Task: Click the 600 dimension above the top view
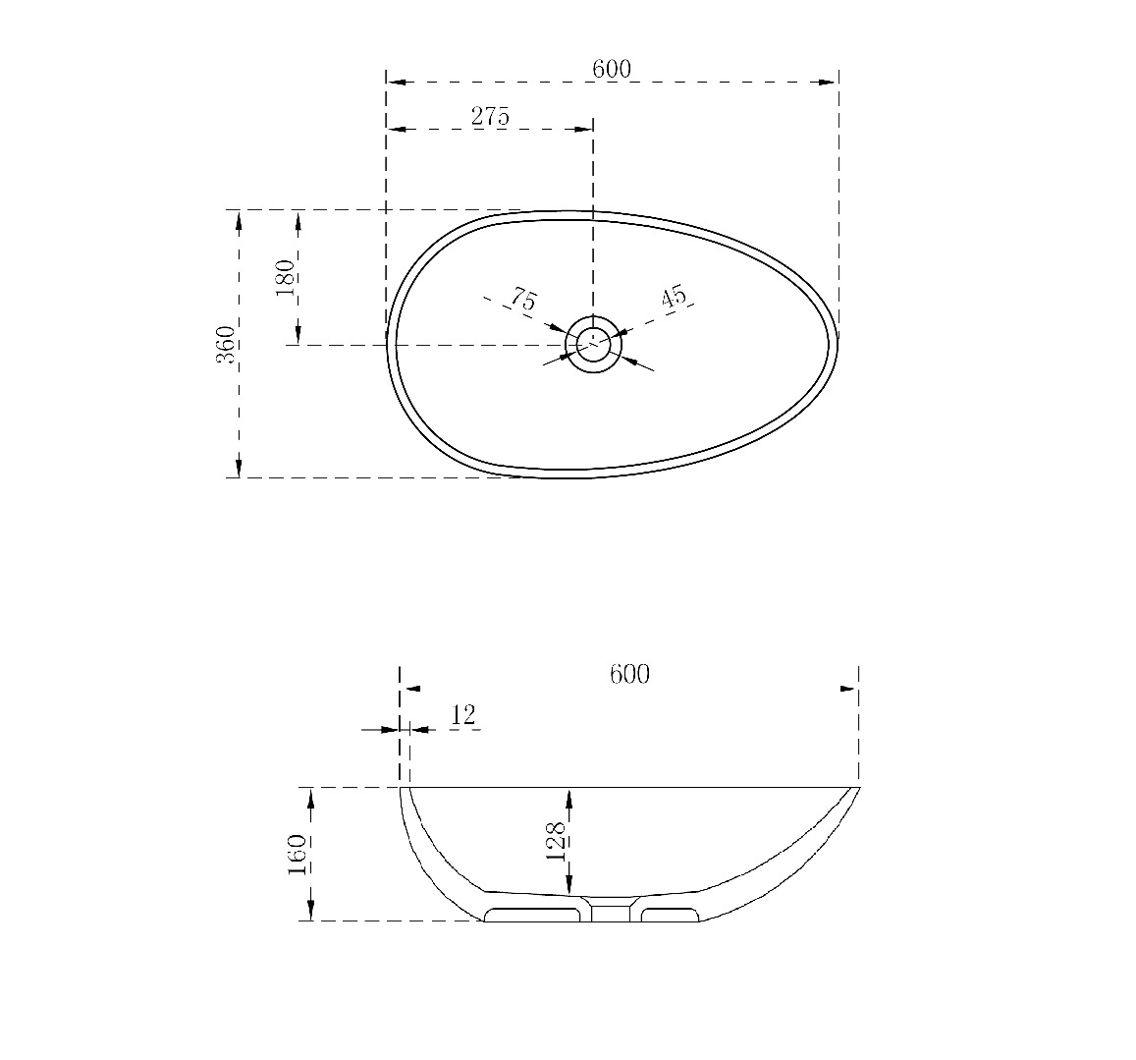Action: [612, 69]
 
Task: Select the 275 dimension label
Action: [491, 116]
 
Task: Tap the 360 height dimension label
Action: [226, 345]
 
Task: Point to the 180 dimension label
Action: [286, 277]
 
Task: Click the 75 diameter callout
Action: [523, 298]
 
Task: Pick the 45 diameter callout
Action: [673, 297]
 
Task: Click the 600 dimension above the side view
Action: [629, 674]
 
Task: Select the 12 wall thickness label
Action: [463, 715]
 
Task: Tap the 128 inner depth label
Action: [557, 840]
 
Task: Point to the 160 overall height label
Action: [298, 854]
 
